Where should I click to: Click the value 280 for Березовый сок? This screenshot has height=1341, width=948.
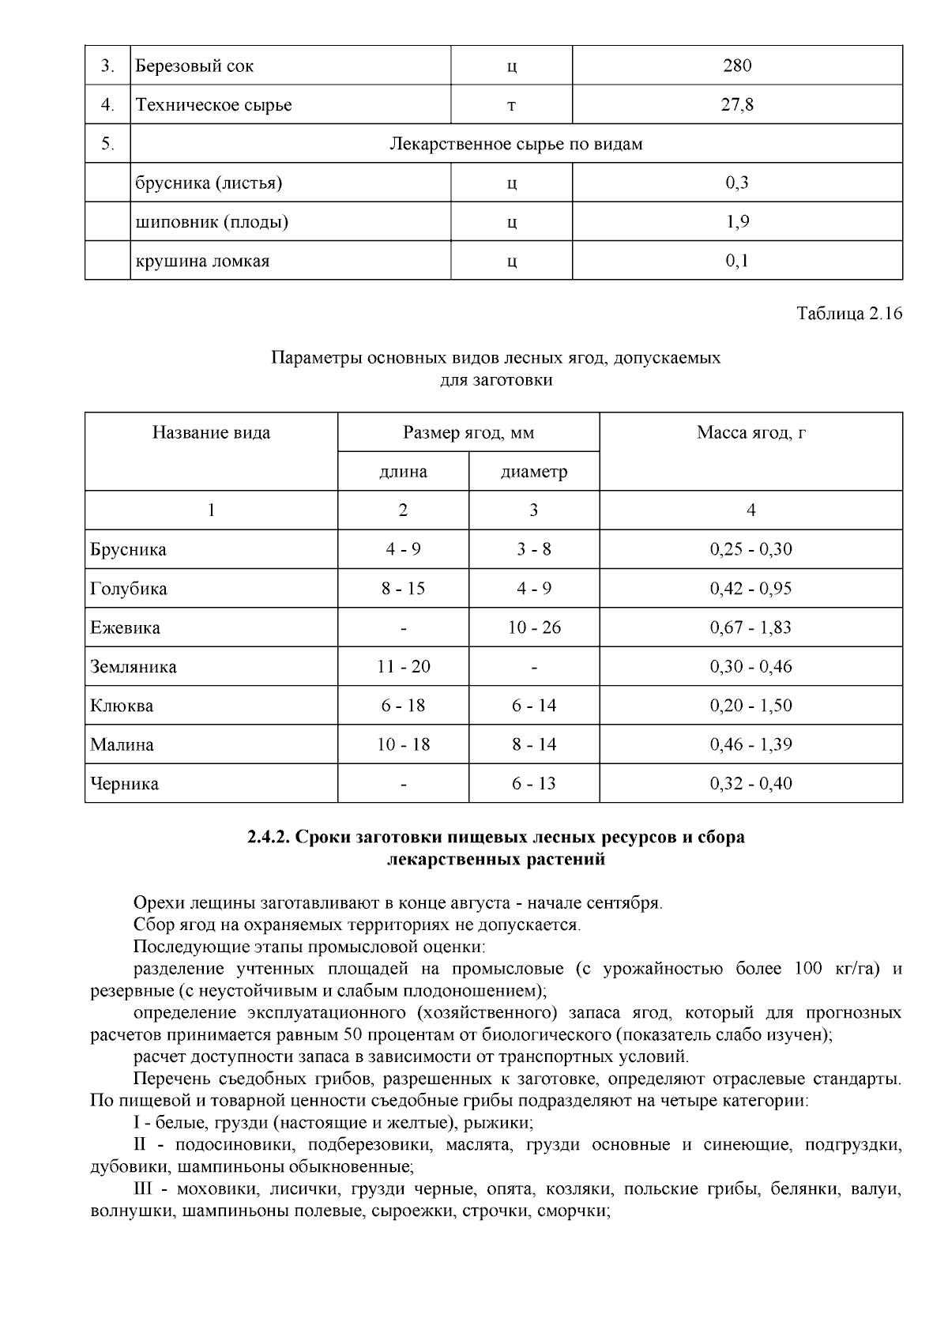click(736, 66)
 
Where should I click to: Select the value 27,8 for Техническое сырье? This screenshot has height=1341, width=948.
click(736, 104)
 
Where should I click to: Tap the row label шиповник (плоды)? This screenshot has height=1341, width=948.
click(212, 222)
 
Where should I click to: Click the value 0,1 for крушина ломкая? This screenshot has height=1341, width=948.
click(736, 261)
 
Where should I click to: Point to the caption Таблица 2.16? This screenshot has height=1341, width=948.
click(848, 314)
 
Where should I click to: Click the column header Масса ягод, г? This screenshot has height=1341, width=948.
click(750, 433)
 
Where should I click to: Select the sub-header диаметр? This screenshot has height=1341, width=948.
click(534, 473)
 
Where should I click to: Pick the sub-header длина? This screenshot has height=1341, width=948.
click(403, 473)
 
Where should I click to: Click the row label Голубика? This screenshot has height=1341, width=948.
click(129, 590)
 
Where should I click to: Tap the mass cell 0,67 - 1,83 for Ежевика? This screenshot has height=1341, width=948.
click(750, 628)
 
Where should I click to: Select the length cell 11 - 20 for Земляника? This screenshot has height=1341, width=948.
click(403, 667)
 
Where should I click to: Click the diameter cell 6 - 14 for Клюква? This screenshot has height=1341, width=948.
click(534, 706)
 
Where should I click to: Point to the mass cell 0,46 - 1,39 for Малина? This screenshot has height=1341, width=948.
click(750, 744)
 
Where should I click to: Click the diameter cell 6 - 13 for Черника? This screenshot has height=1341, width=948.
click(534, 784)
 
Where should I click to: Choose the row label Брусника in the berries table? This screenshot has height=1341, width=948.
click(129, 550)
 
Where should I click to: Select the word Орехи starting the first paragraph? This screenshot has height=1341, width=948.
click(156, 903)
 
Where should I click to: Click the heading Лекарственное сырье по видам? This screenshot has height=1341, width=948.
click(516, 144)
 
